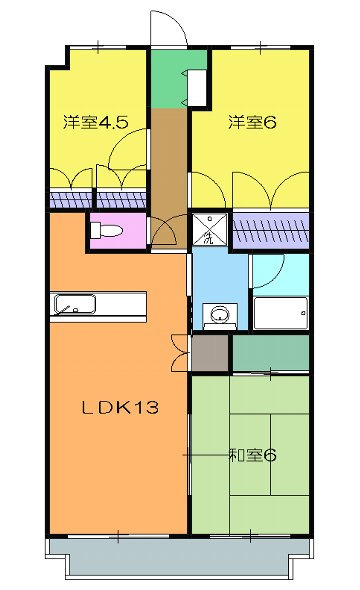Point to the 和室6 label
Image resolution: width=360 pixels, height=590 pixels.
pyautogui.click(x=251, y=456)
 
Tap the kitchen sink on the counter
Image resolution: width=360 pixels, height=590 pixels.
pyautogui.click(x=73, y=305)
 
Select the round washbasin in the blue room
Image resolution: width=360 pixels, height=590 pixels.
pyautogui.click(x=215, y=315)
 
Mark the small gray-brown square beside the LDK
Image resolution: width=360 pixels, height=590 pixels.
pyautogui.click(x=210, y=352)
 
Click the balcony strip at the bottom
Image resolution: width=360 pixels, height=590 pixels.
pyautogui.click(x=180, y=559)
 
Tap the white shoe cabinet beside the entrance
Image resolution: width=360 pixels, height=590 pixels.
pyautogui.click(x=197, y=89)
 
